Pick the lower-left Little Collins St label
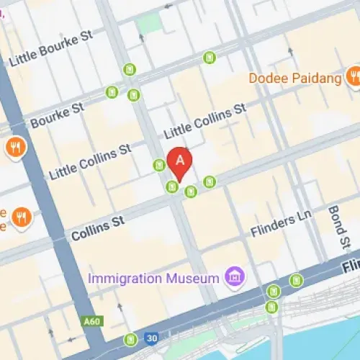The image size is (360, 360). point(90,161)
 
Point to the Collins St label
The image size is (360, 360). point(97,228)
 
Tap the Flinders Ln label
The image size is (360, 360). point(282,226)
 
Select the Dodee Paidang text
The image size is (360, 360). point(295,78)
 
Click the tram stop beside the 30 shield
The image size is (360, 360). point(130,338)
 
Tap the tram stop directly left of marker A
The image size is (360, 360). point(159,166)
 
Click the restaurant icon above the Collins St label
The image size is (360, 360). point(22,216)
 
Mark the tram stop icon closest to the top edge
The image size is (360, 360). point(210,57)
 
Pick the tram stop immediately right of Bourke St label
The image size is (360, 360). point(112,92)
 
